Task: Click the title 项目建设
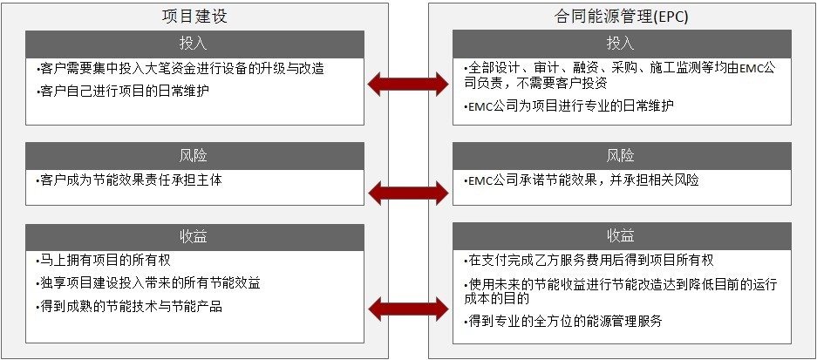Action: point(194,17)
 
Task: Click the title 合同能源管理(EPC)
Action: point(621,17)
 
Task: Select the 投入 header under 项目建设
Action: point(194,44)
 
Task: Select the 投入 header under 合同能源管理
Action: point(621,44)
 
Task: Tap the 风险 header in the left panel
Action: point(194,156)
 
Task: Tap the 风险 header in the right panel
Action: point(621,156)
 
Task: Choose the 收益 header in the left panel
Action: point(194,236)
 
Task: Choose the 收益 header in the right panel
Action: point(621,236)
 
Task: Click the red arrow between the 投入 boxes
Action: point(408,84)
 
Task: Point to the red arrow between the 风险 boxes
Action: point(408,194)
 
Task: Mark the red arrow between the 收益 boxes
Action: point(408,309)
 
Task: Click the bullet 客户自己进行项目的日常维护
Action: point(124,92)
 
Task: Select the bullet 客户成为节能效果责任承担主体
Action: point(129,180)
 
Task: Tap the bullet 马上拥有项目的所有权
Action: point(104,260)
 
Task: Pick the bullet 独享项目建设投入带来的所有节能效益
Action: point(148,283)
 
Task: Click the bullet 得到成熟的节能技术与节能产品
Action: point(129,306)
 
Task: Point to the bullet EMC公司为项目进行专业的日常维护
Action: point(568,105)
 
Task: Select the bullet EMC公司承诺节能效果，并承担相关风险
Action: point(581,180)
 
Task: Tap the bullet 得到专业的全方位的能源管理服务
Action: point(562,322)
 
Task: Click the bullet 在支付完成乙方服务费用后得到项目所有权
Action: point(589,260)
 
